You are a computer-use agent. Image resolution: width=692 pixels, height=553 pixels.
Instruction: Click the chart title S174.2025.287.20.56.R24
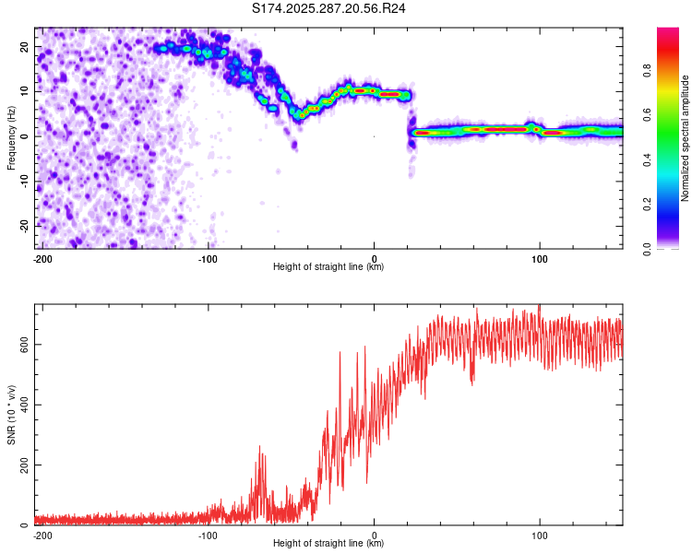point(329,8)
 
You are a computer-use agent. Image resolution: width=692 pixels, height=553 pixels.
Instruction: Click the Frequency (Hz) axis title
point(11,138)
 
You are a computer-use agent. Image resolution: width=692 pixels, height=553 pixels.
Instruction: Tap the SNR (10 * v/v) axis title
point(11,415)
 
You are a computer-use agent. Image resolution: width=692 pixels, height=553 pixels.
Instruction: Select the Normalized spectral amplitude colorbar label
point(686,138)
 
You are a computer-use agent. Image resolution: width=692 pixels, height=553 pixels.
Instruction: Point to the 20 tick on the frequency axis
point(26,46)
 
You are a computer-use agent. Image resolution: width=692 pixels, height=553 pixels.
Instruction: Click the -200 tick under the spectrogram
point(42,259)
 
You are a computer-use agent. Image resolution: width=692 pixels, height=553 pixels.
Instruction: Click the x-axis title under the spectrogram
point(328,267)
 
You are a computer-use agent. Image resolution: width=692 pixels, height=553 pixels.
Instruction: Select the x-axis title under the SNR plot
point(328,544)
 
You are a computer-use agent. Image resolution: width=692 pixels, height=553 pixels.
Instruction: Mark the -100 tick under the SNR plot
point(208,535)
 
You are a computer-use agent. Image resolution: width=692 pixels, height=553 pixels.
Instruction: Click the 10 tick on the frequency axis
point(26,91)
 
